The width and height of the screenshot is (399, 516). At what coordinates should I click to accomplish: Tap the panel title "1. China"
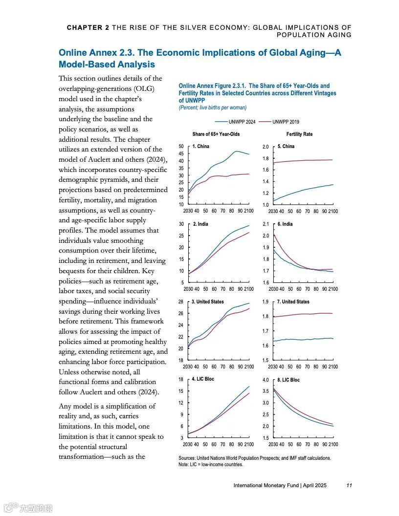201,146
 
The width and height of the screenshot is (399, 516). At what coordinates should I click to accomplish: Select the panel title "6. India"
285,224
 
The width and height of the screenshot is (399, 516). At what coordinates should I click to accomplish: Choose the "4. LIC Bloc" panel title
203,379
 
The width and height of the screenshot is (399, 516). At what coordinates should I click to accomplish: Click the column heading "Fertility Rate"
299,134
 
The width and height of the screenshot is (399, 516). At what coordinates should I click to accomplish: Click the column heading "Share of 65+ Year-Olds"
216,134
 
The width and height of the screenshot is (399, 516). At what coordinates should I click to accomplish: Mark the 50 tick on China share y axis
181,147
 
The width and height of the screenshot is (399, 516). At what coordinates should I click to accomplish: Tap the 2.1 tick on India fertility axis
266,224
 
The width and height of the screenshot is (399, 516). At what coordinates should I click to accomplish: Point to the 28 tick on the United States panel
181,302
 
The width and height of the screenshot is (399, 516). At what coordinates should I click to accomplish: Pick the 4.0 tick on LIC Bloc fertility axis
266,380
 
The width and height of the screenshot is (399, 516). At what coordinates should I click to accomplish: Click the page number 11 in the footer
349,485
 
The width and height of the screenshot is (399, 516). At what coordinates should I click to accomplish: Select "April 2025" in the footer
314,485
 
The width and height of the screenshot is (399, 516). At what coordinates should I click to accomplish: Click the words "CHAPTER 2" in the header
88,28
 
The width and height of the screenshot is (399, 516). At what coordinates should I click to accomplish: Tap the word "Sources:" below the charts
188,458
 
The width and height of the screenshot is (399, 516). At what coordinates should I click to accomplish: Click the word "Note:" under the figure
184,464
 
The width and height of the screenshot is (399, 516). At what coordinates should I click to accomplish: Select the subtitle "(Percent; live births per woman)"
213,107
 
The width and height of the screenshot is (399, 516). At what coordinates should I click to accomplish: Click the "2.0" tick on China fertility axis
266,147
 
